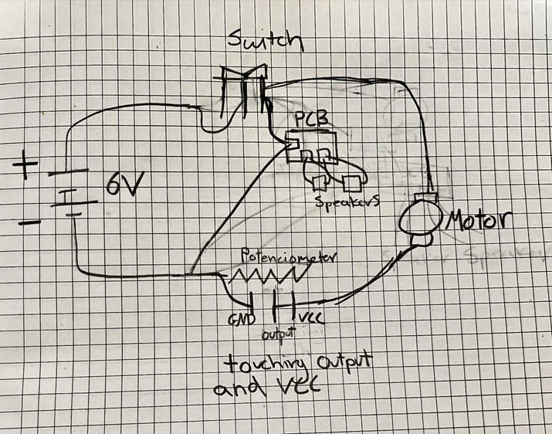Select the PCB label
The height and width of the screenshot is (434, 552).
click(x=312, y=121)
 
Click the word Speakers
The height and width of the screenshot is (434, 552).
click(x=347, y=202)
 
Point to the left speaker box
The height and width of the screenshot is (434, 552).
click(x=320, y=183)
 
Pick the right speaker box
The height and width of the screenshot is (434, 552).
click(x=352, y=183)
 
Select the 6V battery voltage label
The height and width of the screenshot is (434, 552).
click(x=123, y=185)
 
